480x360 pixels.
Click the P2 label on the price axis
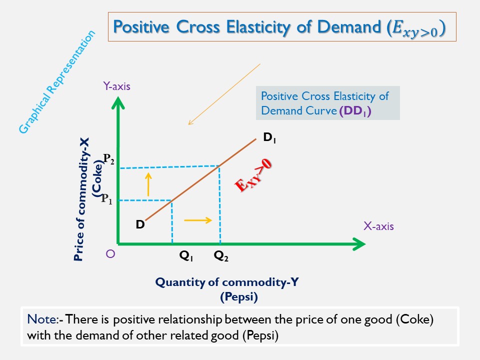point(109,159)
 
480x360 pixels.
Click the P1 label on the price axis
point(107,199)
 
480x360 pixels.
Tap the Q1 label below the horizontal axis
point(186,256)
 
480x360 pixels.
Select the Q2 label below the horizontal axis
point(221,256)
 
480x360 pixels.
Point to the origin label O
point(110,254)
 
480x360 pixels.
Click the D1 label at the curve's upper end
point(269,137)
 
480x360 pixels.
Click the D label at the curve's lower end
point(140,224)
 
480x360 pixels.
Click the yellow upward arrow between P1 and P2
point(148,183)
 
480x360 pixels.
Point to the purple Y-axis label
point(116,86)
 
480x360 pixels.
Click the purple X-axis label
point(378,226)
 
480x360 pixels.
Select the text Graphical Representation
point(56,83)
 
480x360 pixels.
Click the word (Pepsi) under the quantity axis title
point(239,297)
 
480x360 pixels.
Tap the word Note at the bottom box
point(37,319)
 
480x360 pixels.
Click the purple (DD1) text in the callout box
point(354,111)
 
